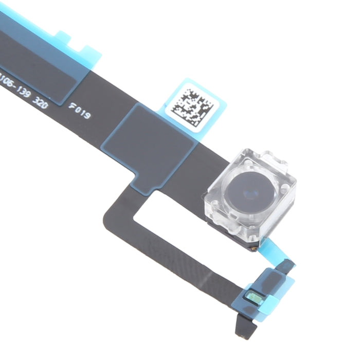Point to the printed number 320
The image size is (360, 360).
click(x=41, y=101)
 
